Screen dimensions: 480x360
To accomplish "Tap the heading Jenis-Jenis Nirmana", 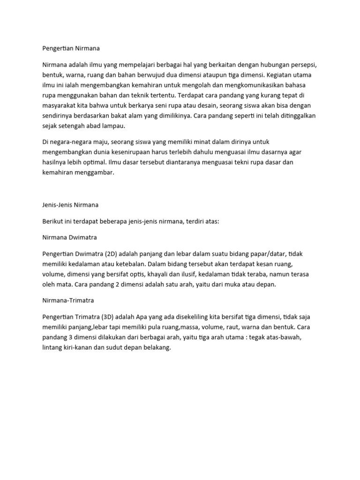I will [x=70, y=205].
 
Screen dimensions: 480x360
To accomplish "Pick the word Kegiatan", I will [x=279, y=75].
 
